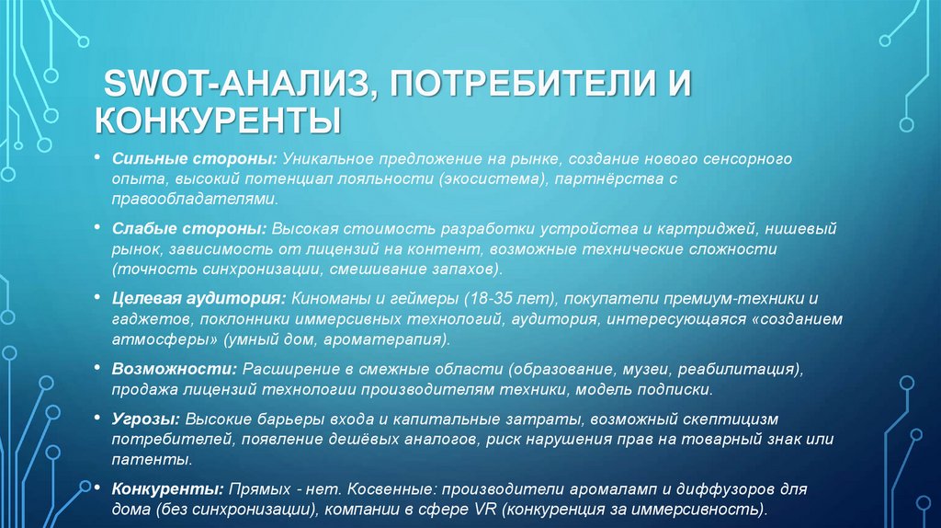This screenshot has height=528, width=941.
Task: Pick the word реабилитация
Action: click(x=735, y=370)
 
